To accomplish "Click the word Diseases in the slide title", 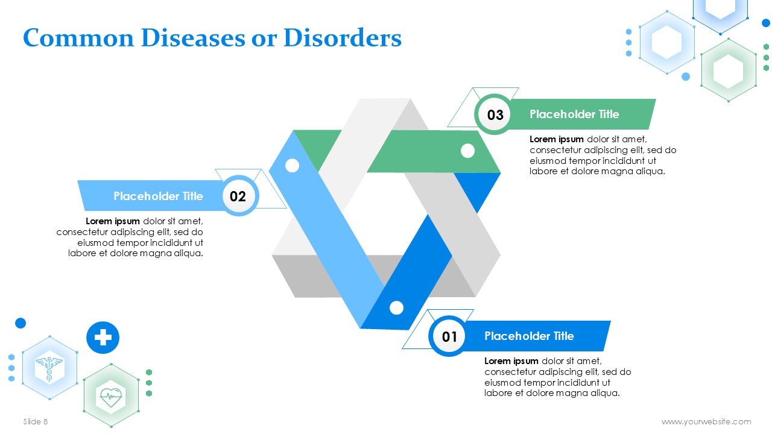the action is click(x=193, y=37).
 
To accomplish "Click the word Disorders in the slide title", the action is click(x=343, y=37).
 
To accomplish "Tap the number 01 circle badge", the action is click(x=449, y=336).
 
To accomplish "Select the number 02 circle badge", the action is click(x=238, y=196).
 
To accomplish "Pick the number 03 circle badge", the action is click(x=495, y=115).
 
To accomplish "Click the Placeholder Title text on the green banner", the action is click(x=574, y=115).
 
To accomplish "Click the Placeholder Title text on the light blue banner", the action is click(x=158, y=197).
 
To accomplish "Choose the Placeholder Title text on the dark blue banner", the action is click(x=529, y=336).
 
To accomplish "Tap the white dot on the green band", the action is click(x=467, y=151).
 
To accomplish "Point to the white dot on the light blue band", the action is click(x=293, y=166).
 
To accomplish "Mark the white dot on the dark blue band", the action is click(x=396, y=307).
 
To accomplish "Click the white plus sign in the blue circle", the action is click(x=103, y=338).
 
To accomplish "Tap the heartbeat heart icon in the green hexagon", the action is click(x=110, y=397).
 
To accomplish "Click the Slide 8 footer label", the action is click(x=36, y=421).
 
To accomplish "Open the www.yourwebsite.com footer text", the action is click(x=706, y=422).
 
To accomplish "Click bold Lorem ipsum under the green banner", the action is click(x=556, y=139).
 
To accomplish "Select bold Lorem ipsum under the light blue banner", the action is click(x=113, y=221).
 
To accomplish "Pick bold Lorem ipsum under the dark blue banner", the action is click(x=511, y=361).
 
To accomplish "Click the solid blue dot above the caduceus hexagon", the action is click(x=21, y=323).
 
